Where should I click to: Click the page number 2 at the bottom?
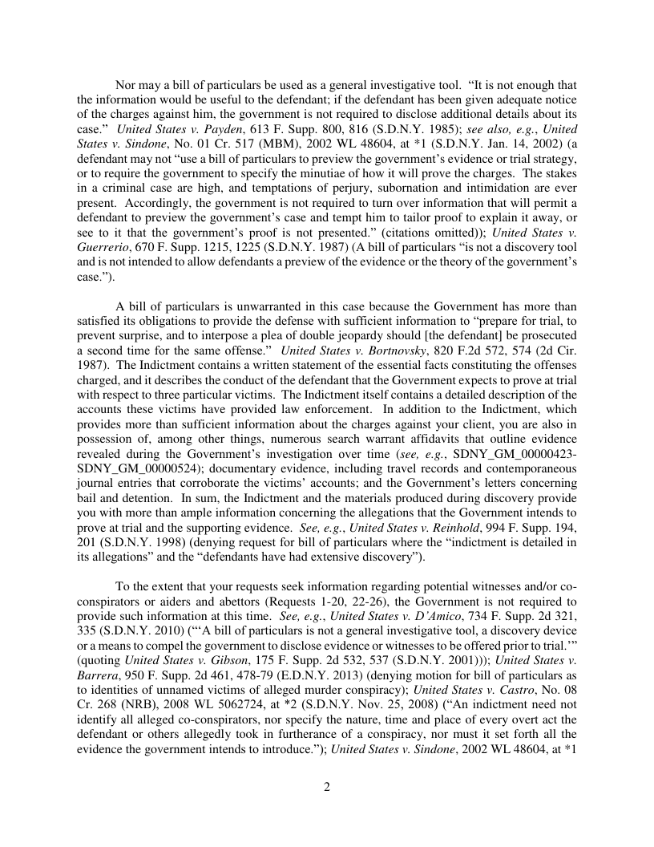pos(327,786)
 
